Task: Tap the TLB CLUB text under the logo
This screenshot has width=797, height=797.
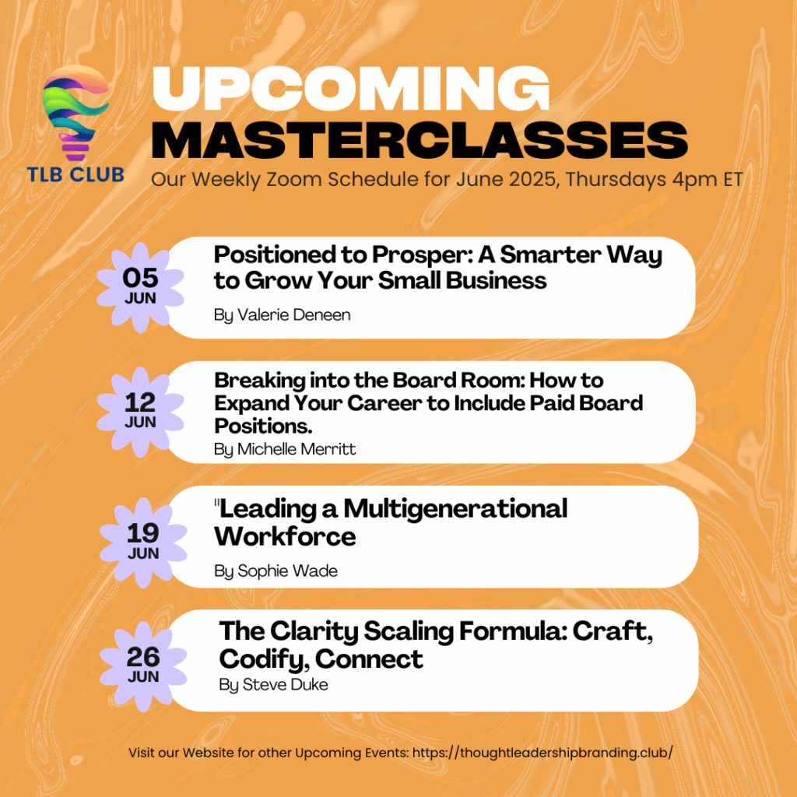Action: (x=75, y=174)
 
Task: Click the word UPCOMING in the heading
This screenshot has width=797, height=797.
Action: (x=351, y=88)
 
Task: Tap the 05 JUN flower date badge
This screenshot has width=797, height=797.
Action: (x=140, y=288)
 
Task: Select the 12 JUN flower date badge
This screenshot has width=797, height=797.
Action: (x=140, y=413)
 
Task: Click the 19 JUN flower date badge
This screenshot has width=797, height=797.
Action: (x=143, y=542)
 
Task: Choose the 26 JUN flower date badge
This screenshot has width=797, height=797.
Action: (x=143, y=666)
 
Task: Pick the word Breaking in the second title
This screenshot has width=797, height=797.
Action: (x=260, y=381)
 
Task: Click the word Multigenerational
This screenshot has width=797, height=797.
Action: (x=455, y=509)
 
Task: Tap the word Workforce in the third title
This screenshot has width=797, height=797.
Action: (x=285, y=536)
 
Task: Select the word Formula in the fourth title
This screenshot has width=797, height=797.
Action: (x=513, y=631)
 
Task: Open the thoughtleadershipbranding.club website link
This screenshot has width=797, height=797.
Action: (x=542, y=753)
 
